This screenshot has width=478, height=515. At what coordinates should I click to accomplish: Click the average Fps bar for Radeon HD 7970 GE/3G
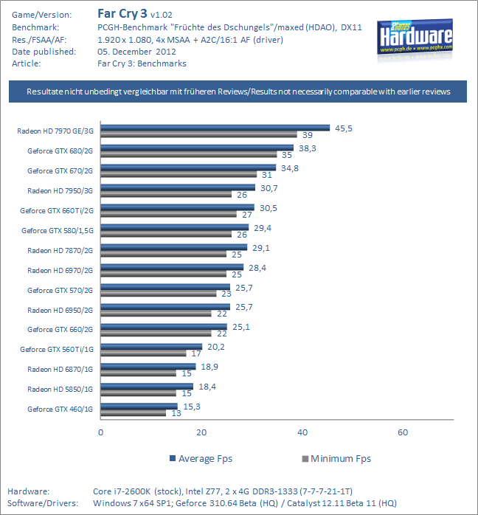[x=215, y=128]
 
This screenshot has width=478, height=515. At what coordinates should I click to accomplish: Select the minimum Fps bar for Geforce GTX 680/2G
[x=189, y=155]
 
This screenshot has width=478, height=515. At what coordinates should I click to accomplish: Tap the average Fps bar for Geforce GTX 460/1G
[x=139, y=406]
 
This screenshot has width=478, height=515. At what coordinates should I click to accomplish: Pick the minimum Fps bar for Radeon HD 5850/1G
[x=138, y=393]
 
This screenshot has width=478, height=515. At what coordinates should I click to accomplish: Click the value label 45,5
[x=343, y=128]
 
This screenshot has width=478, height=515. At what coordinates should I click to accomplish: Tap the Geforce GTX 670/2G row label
[x=60, y=170]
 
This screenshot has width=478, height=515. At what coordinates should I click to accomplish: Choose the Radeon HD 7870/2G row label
[x=60, y=250]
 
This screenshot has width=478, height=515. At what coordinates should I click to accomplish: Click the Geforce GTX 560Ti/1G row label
[x=58, y=349]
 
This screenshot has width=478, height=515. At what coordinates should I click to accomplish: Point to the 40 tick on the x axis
[x=302, y=432]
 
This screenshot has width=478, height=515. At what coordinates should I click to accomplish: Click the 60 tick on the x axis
[x=403, y=432]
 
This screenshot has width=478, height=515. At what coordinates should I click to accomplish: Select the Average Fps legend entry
[x=201, y=459]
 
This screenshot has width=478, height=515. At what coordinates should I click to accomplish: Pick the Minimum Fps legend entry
[x=336, y=459]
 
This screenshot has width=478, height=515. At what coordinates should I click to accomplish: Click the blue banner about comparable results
[x=238, y=91]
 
